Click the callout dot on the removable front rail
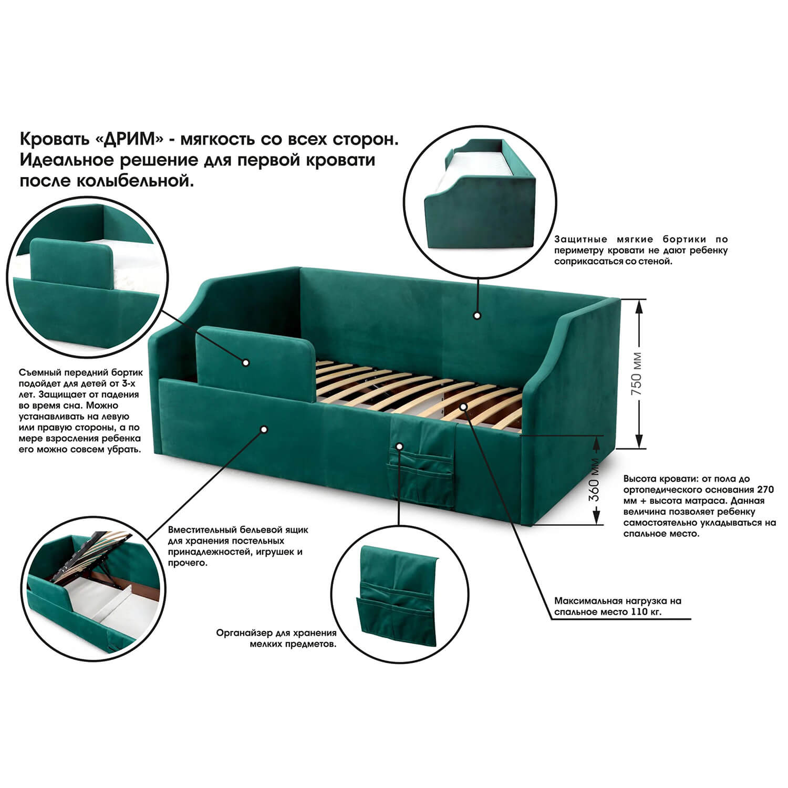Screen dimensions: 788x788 245,362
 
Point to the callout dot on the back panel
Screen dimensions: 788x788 477,316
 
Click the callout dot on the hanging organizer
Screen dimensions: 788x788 399,447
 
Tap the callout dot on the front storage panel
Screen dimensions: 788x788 264,429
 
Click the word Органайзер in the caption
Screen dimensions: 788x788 242,633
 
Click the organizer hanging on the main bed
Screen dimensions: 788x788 421,461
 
